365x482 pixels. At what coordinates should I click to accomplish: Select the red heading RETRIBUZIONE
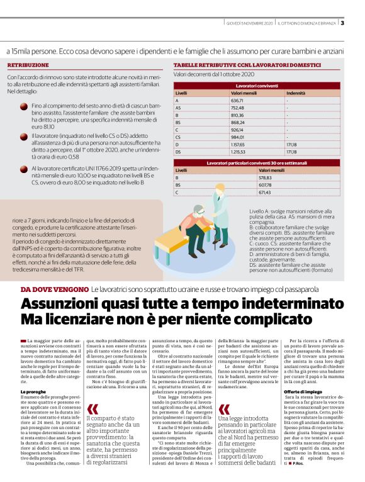[28, 65]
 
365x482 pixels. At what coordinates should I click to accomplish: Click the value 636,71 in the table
[237, 101]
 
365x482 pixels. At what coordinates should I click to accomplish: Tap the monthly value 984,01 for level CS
[237, 137]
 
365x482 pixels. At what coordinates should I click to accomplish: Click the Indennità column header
[295, 92]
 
